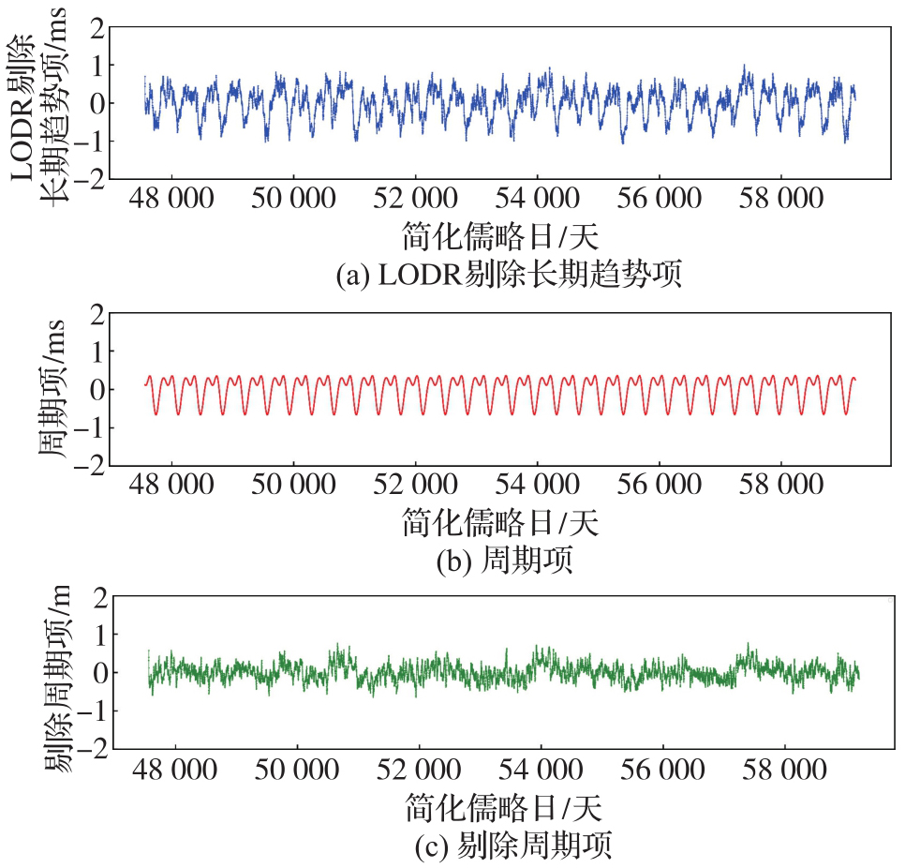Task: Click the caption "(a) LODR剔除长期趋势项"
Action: pos(507,275)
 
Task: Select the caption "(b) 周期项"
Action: pos(505,561)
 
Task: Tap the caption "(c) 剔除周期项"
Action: pos(512,847)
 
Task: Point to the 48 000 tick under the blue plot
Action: pos(171,198)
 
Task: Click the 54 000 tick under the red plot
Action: pos(537,485)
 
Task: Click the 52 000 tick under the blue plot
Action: pos(415,198)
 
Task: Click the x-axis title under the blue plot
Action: pos(500,234)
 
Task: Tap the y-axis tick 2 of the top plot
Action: pos(94,27)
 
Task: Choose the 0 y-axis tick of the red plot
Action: pos(94,389)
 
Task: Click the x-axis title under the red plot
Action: pos(500,521)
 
